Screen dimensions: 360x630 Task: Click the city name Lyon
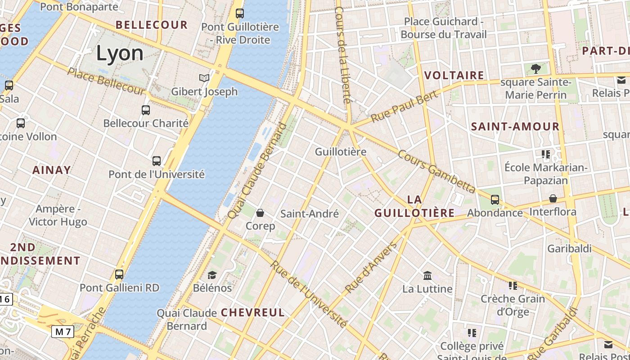(120, 54)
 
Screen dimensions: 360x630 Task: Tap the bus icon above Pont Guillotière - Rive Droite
(240, 13)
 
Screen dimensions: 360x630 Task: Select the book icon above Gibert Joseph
(204, 78)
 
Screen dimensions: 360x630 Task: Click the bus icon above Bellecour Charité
(146, 110)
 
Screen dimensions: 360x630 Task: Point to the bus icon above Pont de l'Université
(157, 161)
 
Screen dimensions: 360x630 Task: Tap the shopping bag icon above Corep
(260, 212)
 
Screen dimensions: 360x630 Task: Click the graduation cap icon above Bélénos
(212, 274)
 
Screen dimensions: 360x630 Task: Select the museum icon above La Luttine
(427, 275)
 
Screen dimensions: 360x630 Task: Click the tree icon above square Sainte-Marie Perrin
(535, 69)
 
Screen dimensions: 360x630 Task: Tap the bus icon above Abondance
(495, 199)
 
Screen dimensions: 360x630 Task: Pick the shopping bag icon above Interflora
(553, 198)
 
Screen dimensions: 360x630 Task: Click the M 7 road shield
(63, 332)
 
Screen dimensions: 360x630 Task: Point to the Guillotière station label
(341, 152)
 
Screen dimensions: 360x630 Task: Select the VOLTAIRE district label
(454, 75)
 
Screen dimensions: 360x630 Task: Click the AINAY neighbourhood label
(51, 170)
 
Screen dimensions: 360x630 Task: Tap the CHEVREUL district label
(252, 312)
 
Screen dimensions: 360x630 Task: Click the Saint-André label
(310, 214)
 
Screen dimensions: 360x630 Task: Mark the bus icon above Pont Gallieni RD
(119, 274)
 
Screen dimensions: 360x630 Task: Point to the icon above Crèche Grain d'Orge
(513, 285)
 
